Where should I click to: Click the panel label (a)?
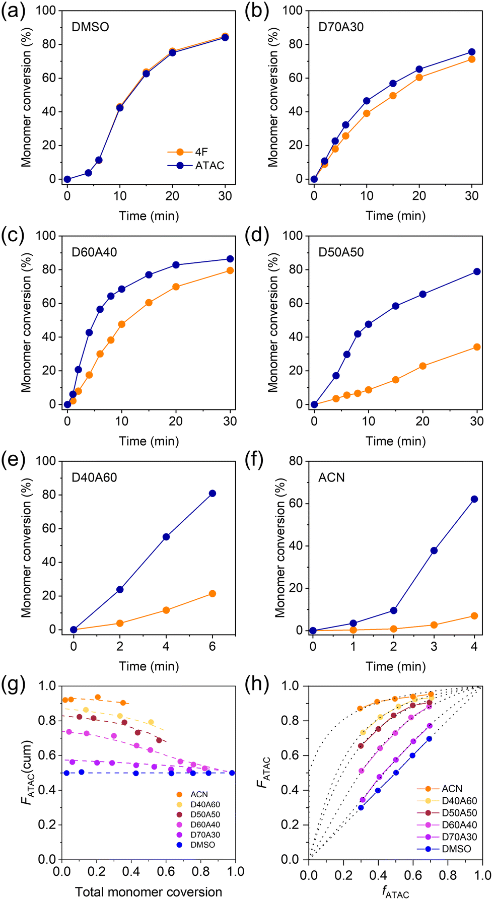point(13,11)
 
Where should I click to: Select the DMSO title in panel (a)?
point(90,27)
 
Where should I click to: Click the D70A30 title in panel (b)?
point(341,27)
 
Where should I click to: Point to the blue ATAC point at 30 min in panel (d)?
point(476,272)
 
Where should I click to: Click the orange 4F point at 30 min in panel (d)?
point(476,347)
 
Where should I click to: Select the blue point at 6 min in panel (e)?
point(213,494)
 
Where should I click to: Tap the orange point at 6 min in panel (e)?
point(213,594)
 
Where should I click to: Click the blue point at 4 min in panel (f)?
point(474,499)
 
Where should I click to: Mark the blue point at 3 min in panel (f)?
point(434,550)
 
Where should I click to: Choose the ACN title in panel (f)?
point(331,477)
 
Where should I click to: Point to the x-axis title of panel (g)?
point(149,892)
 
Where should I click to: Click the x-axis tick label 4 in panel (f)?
point(474,646)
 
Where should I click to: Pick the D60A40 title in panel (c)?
point(94,252)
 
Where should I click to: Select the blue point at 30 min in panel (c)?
point(230,259)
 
